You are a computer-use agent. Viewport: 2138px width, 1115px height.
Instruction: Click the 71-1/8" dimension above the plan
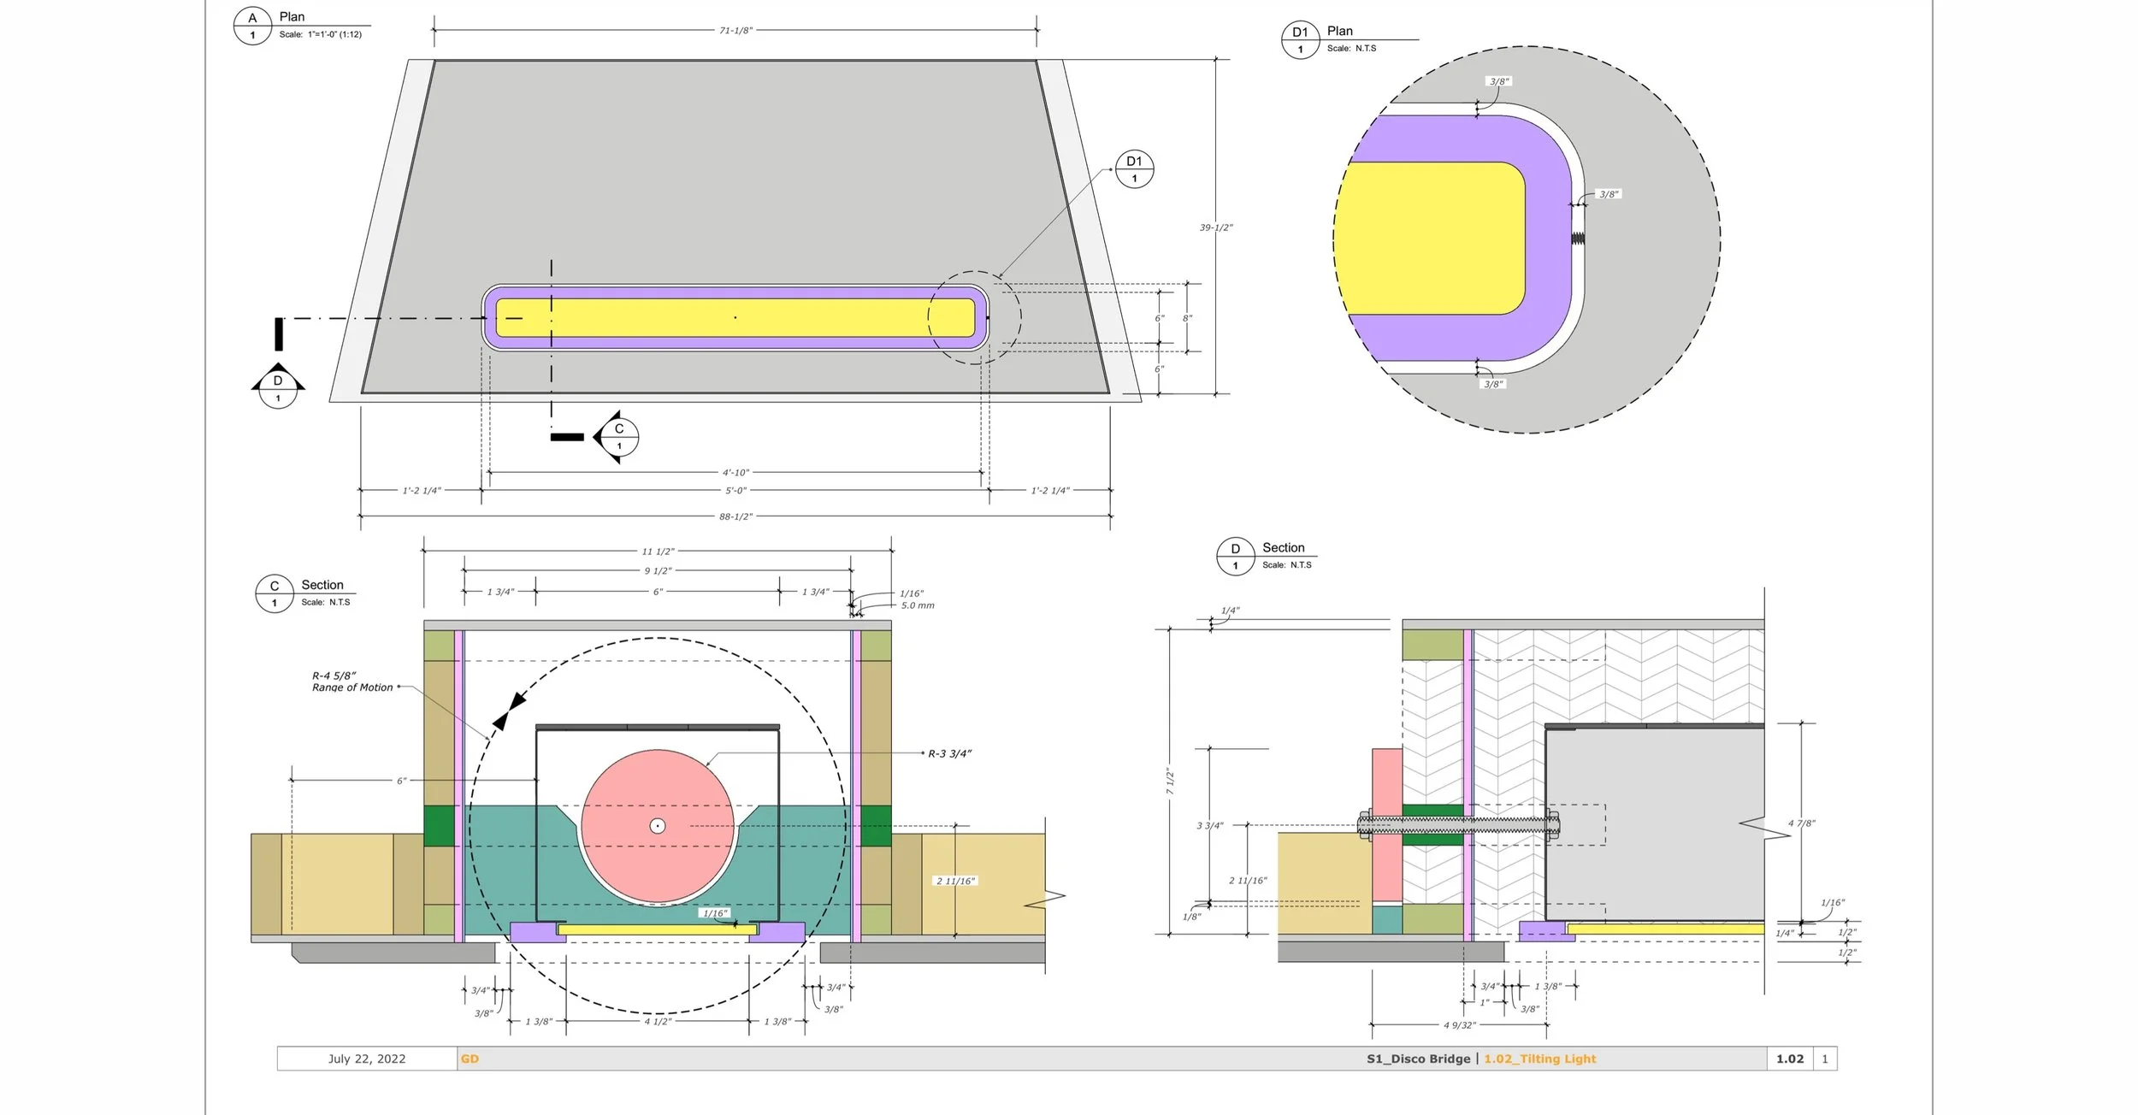pos(735,31)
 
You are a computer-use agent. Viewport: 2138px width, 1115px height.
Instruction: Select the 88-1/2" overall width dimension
pos(735,517)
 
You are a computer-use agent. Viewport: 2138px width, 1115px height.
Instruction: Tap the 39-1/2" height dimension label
pos(1216,227)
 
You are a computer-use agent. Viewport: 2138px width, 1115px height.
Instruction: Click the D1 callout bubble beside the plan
pos(1134,169)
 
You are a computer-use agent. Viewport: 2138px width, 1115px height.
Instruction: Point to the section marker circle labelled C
pos(619,437)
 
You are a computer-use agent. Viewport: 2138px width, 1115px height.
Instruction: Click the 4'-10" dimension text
pos(735,473)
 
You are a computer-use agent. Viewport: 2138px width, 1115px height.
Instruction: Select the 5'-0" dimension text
pos(735,491)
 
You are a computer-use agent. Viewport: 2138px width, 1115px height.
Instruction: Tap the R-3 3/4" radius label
pos(949,754)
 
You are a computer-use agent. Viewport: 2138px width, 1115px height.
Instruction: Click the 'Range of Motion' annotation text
pos(352,687)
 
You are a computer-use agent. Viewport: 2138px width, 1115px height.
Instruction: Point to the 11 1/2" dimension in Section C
pos(658,552)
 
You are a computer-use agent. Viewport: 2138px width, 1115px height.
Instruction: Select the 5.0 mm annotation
pos(918,605)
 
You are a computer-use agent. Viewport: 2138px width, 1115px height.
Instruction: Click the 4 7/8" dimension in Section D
pos(1801,823)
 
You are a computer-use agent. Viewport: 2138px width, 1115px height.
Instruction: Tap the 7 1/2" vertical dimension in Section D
pos(1170,782)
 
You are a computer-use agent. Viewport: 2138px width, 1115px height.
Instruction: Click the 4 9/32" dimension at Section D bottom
pos(1460,1024)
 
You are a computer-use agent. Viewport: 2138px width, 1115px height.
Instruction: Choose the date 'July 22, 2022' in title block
pos(367,1059)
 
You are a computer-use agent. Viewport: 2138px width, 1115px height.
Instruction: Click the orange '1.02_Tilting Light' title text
pos(1539,1059)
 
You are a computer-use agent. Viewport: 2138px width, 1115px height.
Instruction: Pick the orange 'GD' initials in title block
pos(470,1059)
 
